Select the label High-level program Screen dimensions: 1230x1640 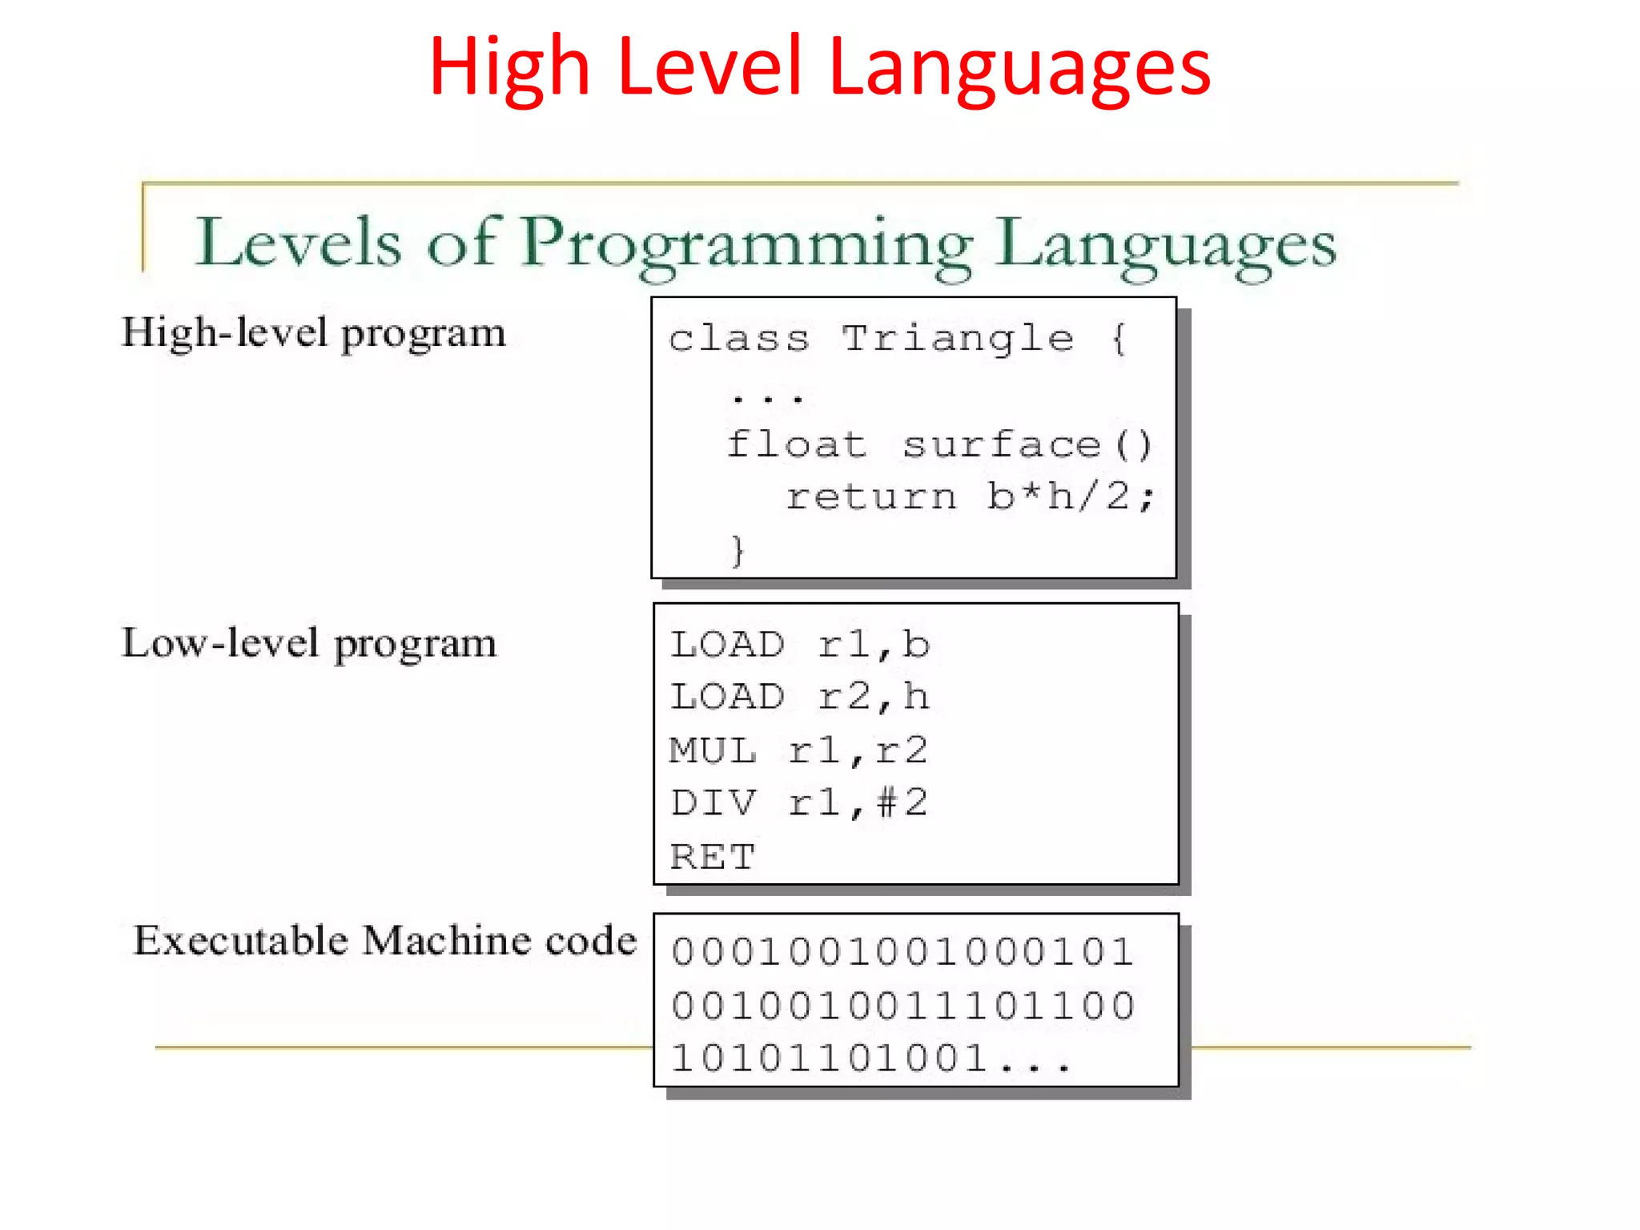(313, 332)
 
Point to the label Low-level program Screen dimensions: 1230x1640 (309, 643)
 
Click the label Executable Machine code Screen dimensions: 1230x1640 (384, 940)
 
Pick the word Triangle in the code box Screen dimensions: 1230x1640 (958, 339)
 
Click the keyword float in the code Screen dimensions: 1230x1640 (797, 444)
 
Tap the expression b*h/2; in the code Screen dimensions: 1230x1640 (1070, 496)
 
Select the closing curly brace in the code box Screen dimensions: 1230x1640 (738, 551)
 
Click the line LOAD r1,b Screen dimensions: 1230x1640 (799, 645)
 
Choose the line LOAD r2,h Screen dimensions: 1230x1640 (799, 697)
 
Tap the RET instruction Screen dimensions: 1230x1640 (712, 857)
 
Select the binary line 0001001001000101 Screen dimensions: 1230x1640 (902, 952)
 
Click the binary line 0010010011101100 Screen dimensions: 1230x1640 (902, 1006)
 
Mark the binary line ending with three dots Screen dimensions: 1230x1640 (870, 1059)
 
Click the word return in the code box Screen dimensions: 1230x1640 (871, 497)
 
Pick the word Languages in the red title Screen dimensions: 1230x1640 (1019, 69)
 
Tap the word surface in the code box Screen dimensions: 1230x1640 (1002, 444)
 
